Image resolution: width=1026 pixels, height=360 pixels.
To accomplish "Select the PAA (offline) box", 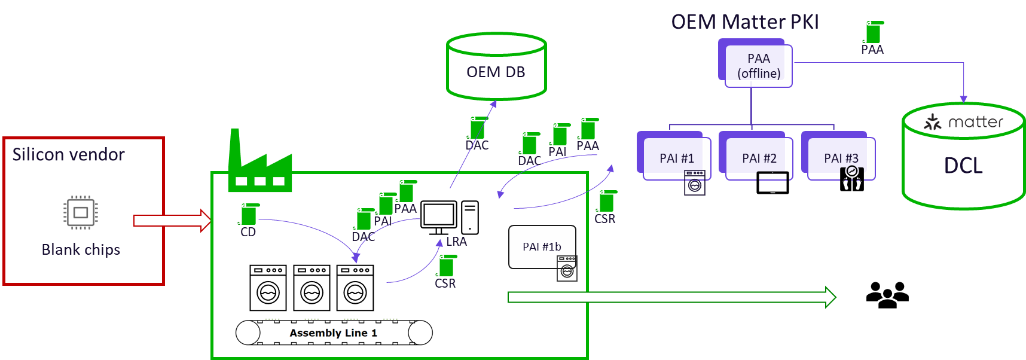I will [758, 66].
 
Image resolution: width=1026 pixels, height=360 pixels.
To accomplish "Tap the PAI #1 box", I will [676, 158].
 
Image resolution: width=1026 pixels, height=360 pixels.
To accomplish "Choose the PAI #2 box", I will [759, 158].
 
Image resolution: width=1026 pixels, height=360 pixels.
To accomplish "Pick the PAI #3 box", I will [841, 158].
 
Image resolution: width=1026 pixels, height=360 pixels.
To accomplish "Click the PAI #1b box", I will [542, 246].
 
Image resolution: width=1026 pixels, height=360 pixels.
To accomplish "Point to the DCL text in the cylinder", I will [963, 166].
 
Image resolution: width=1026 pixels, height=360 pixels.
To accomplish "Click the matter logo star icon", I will [932, 123].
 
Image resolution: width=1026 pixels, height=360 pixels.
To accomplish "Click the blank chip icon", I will [81, 212].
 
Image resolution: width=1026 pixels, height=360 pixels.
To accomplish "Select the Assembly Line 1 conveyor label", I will [334, 333].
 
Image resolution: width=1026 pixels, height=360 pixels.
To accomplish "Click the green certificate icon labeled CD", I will [249, 214].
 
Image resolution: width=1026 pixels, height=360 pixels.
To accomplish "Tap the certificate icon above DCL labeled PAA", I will [874, 32].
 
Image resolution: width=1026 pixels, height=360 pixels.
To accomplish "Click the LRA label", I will [456, 242].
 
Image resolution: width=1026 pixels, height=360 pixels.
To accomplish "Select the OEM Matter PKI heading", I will [744, 22].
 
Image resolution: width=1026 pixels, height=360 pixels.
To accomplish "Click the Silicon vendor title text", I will [68, 155].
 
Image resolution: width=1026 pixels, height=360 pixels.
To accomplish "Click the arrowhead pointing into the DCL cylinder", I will [963, 99].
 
